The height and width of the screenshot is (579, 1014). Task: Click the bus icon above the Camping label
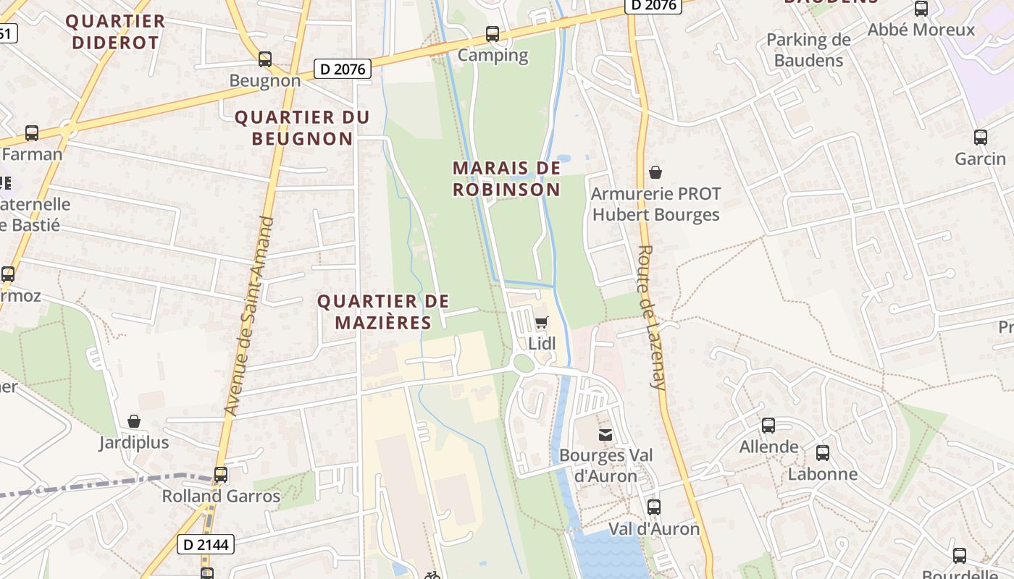[x=493, y=33]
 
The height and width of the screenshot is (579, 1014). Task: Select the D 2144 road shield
[x=206, y=544]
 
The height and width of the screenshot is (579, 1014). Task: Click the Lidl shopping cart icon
[x=541, y=322]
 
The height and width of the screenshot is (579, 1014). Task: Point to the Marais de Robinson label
[x=506, y=179]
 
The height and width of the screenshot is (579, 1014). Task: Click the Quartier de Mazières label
[x=384, y=312]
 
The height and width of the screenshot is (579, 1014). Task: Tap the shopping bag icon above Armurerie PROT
[x=655, y=172]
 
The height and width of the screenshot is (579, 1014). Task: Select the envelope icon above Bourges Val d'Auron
[x=605, y=434]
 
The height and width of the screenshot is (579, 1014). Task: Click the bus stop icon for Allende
[x=768, y=426]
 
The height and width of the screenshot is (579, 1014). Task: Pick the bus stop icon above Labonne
[x=823, y=453]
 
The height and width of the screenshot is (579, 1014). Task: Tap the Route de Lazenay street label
[x=650, y=317]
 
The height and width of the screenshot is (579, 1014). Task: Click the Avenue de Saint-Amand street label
[x=249, y=316]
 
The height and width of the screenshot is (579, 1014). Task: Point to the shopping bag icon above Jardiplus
[x=134, y=421]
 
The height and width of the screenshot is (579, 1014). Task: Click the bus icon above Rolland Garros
[x=221, y=475]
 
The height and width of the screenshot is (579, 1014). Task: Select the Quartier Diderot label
[x=115, y=32]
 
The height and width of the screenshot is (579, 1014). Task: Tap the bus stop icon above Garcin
[x=980, y=137]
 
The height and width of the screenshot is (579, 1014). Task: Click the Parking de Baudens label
[x=808, y=50]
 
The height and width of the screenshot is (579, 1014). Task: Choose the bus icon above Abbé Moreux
[x=921, y=9]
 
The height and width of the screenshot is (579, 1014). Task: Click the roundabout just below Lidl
[x=524, y=364]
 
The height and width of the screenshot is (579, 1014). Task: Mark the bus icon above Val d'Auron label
[x=653, y=507]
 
